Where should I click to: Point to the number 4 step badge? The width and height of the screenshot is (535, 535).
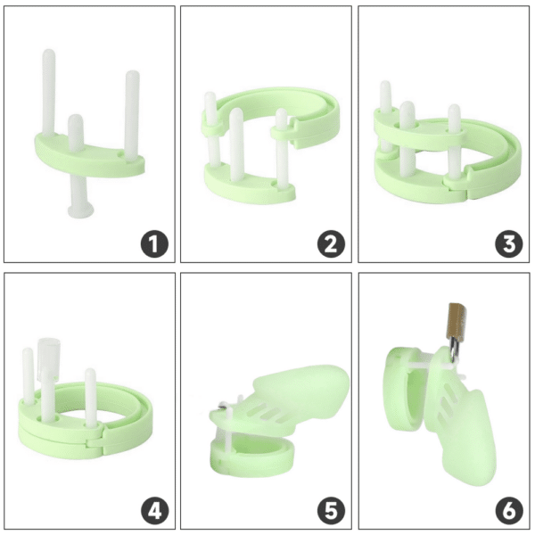(154, 511)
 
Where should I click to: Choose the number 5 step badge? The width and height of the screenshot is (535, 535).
(331, 511)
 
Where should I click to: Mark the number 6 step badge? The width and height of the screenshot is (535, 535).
(508, 511)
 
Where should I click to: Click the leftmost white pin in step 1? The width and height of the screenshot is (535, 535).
(49, 98)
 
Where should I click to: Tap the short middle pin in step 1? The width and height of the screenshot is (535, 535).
(76, 134)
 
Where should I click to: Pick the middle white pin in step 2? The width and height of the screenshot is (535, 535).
(237, 138)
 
